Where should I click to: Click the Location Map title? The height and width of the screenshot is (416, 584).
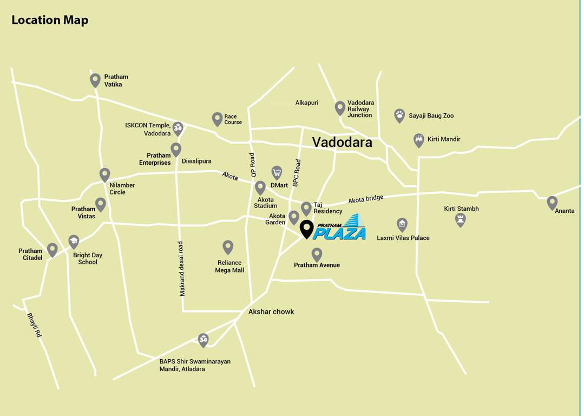tap(50, 20)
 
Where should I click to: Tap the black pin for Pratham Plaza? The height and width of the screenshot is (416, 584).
tap(307, 229)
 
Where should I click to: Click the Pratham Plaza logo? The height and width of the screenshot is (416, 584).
tap(340, 227)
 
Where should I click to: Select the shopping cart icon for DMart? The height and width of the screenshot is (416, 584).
tap(277, 173)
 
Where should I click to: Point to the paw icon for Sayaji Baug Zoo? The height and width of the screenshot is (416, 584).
tap(399, 115)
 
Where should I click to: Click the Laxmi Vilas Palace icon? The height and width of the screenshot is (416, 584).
tap(402, 224)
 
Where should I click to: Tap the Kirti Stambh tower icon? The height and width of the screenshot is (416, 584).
tap(460, 219)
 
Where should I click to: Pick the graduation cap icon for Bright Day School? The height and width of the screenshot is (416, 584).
tap(74, 242)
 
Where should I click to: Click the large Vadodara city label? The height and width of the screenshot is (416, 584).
tap(342, 142)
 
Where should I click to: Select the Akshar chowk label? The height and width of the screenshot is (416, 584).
tap(271, 311)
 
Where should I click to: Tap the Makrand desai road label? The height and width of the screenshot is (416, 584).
tap(182, 268)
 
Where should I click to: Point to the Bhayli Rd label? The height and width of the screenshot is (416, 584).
tap(34, 325)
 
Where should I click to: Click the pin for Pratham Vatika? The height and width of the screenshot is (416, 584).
tap(95, 80)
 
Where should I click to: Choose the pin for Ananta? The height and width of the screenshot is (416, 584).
tap(552, 203)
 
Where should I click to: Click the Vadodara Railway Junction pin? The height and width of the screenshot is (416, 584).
tap(340, 108)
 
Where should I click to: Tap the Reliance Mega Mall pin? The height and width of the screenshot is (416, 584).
tap(228, 247)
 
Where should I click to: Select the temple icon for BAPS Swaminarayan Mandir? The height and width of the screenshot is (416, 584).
tap(203, 340)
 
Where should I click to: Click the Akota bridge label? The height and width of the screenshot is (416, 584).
tap(365, 199)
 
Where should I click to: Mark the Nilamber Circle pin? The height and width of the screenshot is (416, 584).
tap(105, 174)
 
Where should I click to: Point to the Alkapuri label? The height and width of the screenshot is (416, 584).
tap(307, 102)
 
